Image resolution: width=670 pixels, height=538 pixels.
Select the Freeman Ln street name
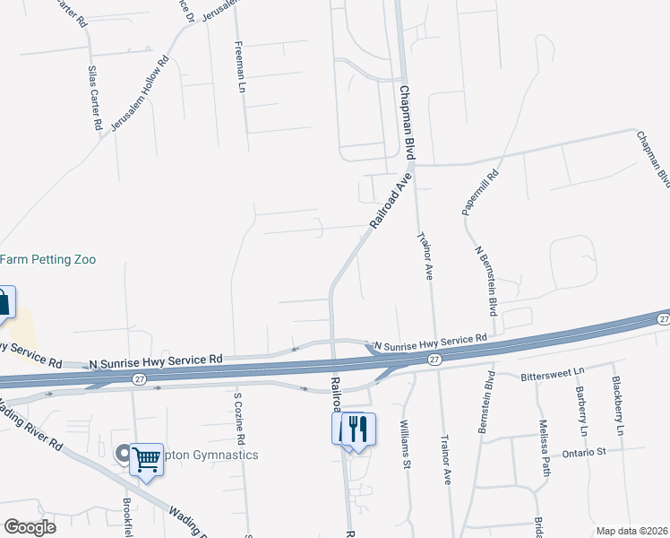coord(239,66)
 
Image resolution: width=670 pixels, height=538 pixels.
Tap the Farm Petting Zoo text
coord(47,259)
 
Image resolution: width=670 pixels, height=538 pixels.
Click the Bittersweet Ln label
coord(552,369)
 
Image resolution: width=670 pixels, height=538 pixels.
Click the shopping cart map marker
coord(146,458)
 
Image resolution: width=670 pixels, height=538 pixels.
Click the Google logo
coord(30,526)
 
